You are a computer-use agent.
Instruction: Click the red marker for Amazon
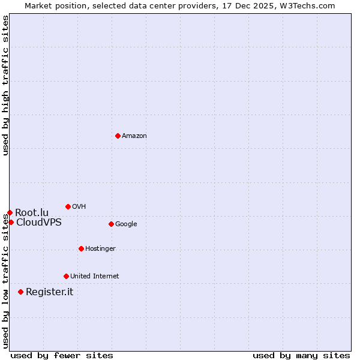[118, 136]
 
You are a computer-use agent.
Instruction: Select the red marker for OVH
[68, 206]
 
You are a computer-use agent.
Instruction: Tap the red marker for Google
[111, 224]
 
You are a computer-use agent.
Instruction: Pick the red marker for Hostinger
[81, 248]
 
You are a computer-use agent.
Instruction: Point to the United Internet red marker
[66, 276]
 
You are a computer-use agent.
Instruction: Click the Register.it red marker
[20, 292]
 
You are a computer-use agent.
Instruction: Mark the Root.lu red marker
[10, 212]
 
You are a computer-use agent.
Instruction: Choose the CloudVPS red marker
[11, 222]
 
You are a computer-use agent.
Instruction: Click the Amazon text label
[134, 136]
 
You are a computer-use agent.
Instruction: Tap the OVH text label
[79, 207]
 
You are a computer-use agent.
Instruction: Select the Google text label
[126, 224]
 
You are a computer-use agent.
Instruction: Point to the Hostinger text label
[100, 249]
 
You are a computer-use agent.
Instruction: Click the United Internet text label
[94, 277]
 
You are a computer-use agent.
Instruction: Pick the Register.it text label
[49, 292]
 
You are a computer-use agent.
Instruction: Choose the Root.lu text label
[32, 213]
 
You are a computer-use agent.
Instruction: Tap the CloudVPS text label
[38, 223]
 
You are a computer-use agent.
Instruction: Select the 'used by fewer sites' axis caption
[62, 355]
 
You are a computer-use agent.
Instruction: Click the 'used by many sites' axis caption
[301, 355]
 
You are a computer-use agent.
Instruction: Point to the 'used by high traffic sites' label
[5, 85]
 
